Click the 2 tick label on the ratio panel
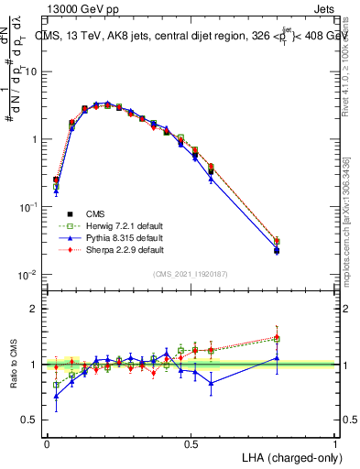point(35,309)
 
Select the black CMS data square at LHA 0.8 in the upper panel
point(278,250)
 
